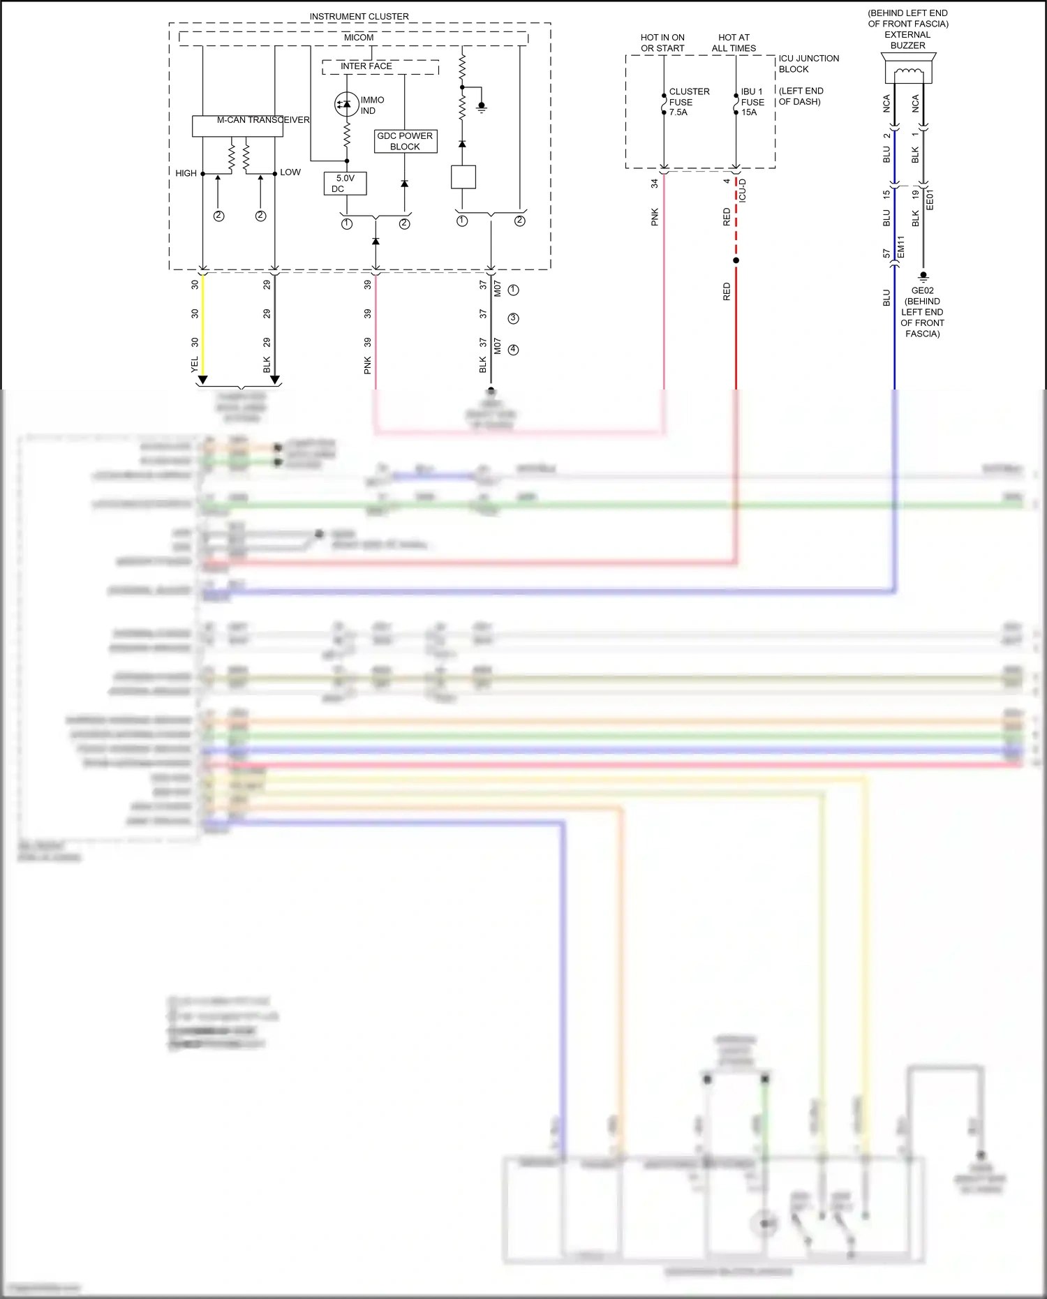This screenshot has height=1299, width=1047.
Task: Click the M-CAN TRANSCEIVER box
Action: (237, 126)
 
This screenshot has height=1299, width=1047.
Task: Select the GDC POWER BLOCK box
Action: (405, 141)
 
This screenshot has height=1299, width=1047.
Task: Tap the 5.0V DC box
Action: (345, 184)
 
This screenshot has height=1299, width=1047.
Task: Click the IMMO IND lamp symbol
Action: (347, 104)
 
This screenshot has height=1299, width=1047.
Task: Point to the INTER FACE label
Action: (366, 66)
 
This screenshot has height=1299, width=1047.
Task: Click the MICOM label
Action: (359, 38)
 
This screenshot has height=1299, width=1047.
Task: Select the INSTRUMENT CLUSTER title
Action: (359, 16)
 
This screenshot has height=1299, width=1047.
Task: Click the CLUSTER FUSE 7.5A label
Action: (688, 102)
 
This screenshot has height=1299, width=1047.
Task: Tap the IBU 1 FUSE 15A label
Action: (752, 102)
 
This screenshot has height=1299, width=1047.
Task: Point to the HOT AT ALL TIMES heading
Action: (734, 43)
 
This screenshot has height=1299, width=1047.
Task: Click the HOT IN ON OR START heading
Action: (662, 43)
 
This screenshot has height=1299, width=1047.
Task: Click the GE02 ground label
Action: (922, 290)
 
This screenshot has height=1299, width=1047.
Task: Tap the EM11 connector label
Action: (900, 247)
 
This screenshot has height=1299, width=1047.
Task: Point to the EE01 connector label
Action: (929, 200)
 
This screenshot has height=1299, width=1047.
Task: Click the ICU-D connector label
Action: (743, 191)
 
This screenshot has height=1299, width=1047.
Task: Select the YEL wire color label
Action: (195, 364)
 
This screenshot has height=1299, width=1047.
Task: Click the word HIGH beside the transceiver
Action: (186, 173)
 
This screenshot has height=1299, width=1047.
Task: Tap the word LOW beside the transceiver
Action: (290, 172)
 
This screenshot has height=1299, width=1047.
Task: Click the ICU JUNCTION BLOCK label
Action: (808, 64)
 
